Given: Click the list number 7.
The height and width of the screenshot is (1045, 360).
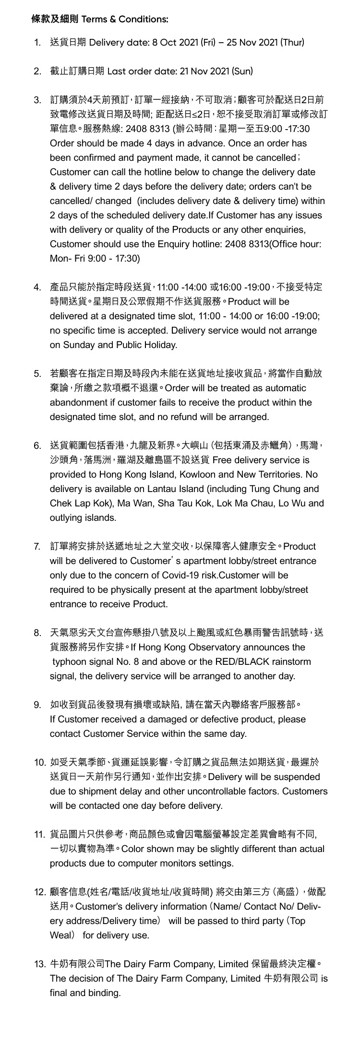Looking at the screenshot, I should click(37, 547).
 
